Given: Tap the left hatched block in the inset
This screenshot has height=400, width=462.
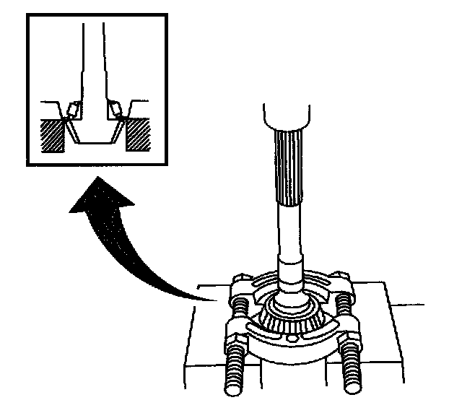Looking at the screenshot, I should [x=55, y=135].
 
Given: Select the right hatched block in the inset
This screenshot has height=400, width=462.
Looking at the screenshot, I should [x=137, y=135].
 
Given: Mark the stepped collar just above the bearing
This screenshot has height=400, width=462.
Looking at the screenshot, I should [x=292, y=274].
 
